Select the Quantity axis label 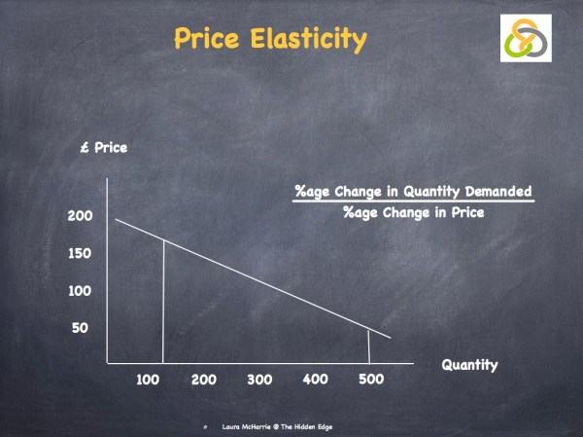[469, 365]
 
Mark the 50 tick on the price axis [80, 327]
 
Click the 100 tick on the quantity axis [147, 379]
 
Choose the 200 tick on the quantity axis [203, 379]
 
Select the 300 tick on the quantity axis [259, 379]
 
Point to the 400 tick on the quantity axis [316, 379]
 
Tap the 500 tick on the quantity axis [371, 379]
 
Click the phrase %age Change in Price [413, 213]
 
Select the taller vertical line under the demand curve [162, 302]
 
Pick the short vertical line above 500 [369, 346]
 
